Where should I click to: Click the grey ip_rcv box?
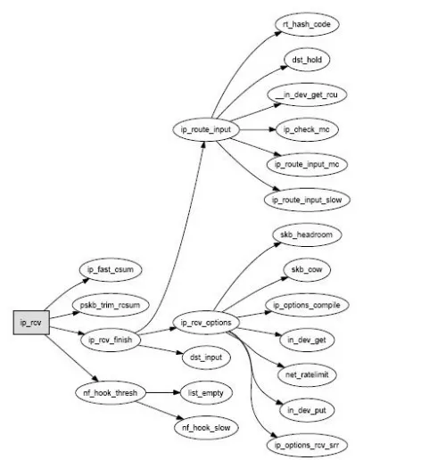31,323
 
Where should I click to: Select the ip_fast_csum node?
111,269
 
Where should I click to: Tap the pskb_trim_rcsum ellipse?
111,305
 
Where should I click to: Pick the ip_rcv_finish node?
111,340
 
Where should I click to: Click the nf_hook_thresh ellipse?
111,392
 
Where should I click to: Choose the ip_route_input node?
206,129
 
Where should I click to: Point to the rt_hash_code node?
307,24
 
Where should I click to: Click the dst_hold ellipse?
307,60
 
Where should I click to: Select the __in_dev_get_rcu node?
307,94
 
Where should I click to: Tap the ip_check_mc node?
307,129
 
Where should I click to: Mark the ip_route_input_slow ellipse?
307,200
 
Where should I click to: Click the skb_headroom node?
307,234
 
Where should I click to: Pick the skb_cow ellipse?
307,269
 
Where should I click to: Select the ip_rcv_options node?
206,323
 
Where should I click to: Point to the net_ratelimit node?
307,374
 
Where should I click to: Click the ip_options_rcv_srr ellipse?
307,445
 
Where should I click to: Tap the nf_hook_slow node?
206,428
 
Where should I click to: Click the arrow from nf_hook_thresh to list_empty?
163,392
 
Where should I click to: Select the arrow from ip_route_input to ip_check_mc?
258,129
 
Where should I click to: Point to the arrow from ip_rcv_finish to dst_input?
161,349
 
